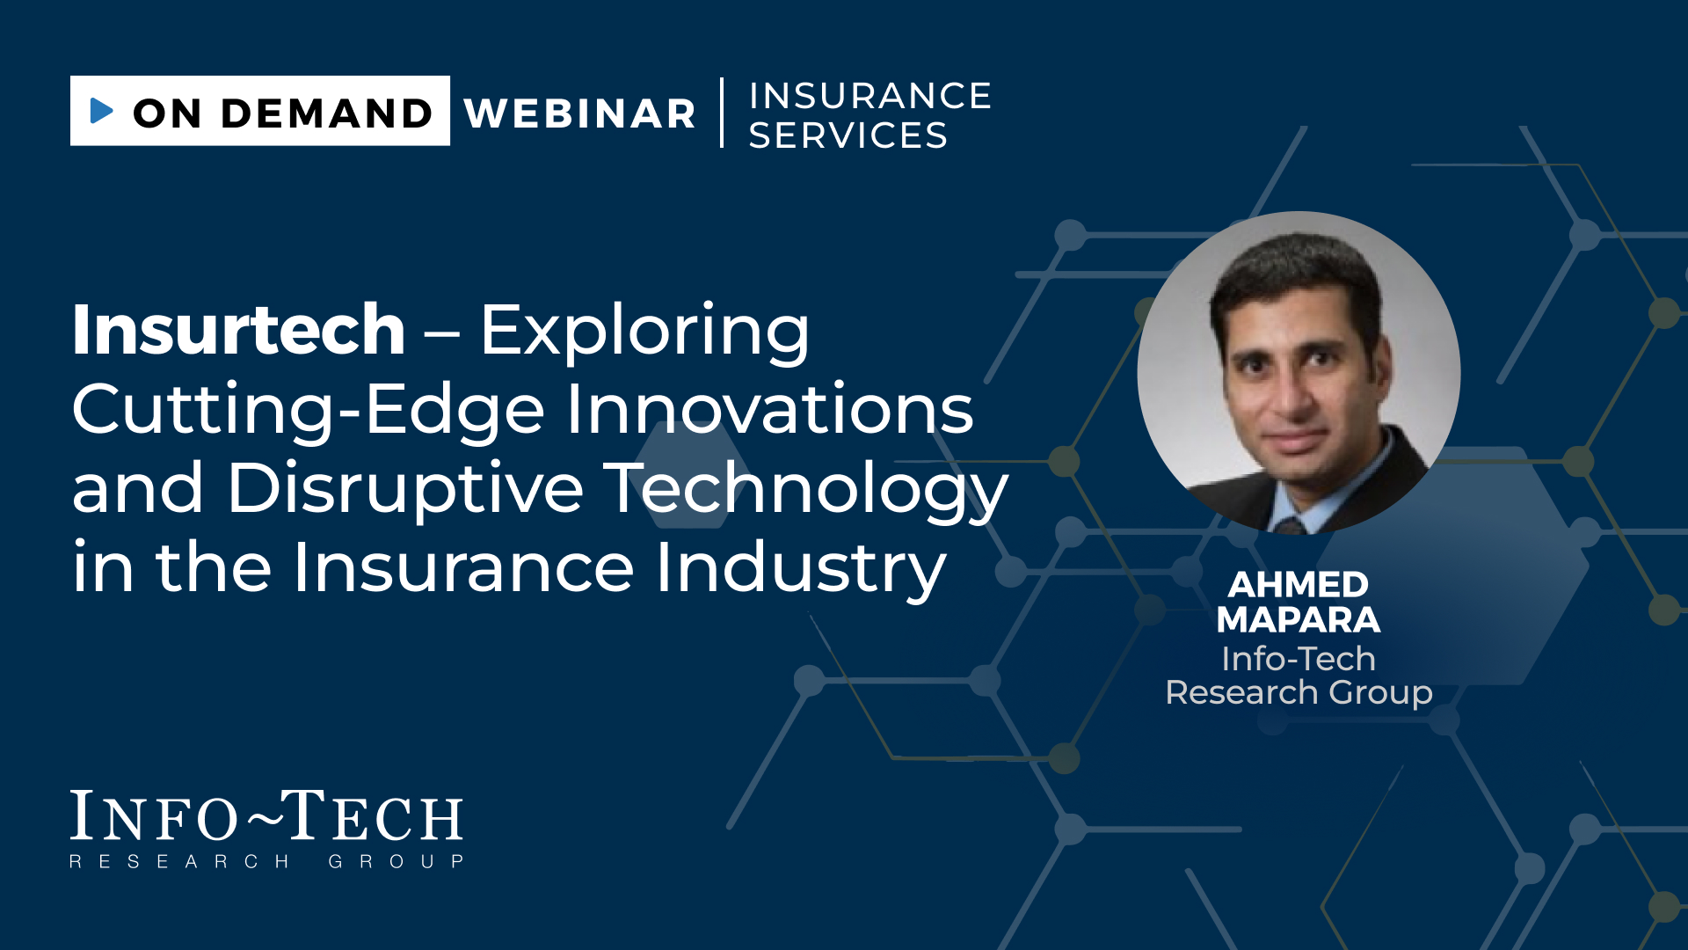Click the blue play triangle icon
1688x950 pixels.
(x=102, y=111)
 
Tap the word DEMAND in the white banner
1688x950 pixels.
(x=327, y=113)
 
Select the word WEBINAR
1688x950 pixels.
(x=580, y=113)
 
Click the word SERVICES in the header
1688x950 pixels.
(x=848, y=135)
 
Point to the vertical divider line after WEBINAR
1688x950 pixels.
(x=722, y=113)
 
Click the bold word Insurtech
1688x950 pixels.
(x=238, y=329)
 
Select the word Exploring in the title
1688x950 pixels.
(x=644, y=332)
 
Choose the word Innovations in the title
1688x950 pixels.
(x=770, y=409)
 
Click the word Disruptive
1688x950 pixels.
(x=405, y=489)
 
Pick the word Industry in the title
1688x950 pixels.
(x=801, y=568)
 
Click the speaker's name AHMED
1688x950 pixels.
(x=1299, y=585)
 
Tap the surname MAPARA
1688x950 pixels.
(x=1299, y=620)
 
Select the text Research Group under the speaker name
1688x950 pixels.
(x=1299, y=693)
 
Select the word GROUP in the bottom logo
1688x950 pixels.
(x=397, y=862)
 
